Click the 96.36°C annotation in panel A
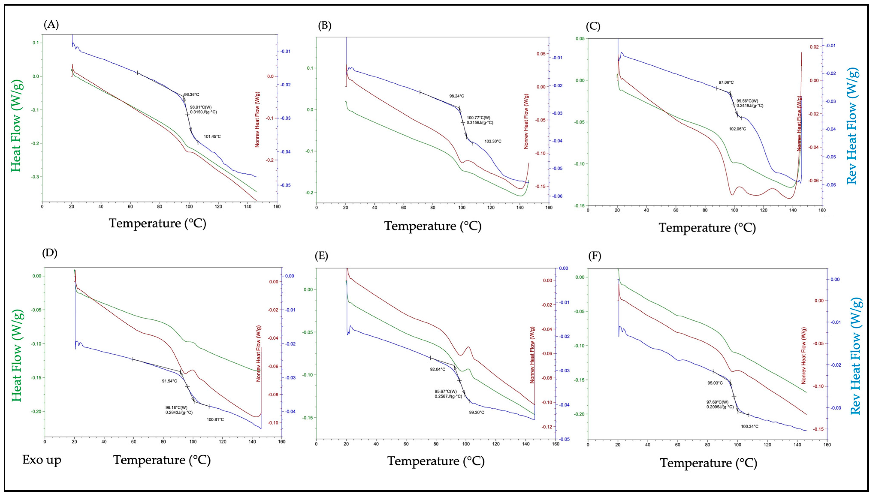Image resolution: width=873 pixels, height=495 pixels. point(191,95)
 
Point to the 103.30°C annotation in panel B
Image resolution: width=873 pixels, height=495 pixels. point(493,141)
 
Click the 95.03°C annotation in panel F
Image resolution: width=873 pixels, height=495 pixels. point(715,383)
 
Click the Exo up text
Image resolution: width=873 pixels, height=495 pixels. point(42,460)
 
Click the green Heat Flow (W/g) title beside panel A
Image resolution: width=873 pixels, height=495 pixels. point(16,126)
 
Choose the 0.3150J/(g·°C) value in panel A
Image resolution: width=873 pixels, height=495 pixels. point(203,112)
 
